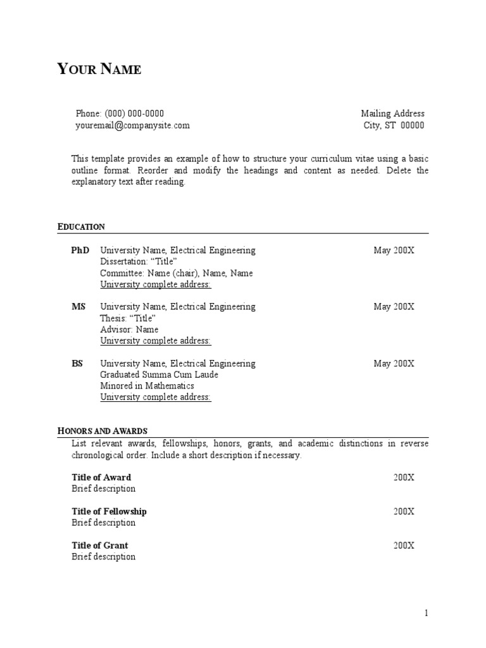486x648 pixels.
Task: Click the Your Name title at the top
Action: click(x=99, y=69)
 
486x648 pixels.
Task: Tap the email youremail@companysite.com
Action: click(x=132, y=125)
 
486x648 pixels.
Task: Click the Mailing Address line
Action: click(x=392, y=114)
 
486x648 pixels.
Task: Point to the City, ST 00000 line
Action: click(x=394, y=125)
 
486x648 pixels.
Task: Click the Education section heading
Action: click(x=81, y=227)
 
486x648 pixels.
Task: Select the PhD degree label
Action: click(x=80, y=251)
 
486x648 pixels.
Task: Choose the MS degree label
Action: click(x=78, y=307)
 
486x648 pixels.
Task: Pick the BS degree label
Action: click(x=77, y=364)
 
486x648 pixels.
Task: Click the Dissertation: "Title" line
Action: click(x=139, y=262)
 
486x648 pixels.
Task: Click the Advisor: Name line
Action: click(x=129, y=330)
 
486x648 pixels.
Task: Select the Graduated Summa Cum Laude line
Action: click(x=159, y=375)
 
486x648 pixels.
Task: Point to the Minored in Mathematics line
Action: click(x=147, y=386)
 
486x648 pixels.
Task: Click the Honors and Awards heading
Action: click(x=102, y=431)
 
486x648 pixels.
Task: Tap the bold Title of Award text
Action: click(x=101, y=477)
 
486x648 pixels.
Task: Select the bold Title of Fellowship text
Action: click(x=109, y=511)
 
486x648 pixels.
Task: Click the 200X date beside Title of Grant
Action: click(x=404, y=545)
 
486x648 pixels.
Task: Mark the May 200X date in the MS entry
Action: click(x=394, y=307)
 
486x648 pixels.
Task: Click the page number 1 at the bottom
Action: click(x=427, y=613)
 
